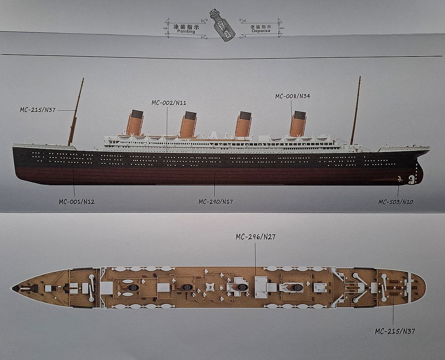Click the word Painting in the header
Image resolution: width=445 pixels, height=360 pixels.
click(x=186, y=32)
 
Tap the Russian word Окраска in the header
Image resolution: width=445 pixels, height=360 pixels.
click(x=260, y=31)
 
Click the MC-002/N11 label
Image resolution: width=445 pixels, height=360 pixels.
click(x=169, y=103)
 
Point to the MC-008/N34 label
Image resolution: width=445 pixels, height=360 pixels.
click(x=292, y=96)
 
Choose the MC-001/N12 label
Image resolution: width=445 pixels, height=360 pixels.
click(x=77, y=202)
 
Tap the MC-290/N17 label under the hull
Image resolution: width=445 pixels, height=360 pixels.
click(x=215, y=202)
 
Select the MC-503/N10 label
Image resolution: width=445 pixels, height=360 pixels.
click(x=396, y=202)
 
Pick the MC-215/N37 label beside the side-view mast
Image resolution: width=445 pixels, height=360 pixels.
click(x=38, y=110)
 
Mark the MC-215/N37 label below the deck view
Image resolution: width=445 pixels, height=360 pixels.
click(x=394, y=331)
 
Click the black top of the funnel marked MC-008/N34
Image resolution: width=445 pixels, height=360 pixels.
click(x=299, y=115)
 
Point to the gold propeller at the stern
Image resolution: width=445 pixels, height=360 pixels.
click(x=399, y=179)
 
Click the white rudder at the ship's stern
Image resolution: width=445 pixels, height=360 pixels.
click(x=411, y=179)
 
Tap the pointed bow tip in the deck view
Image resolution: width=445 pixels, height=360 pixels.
click(x=14, y=288)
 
